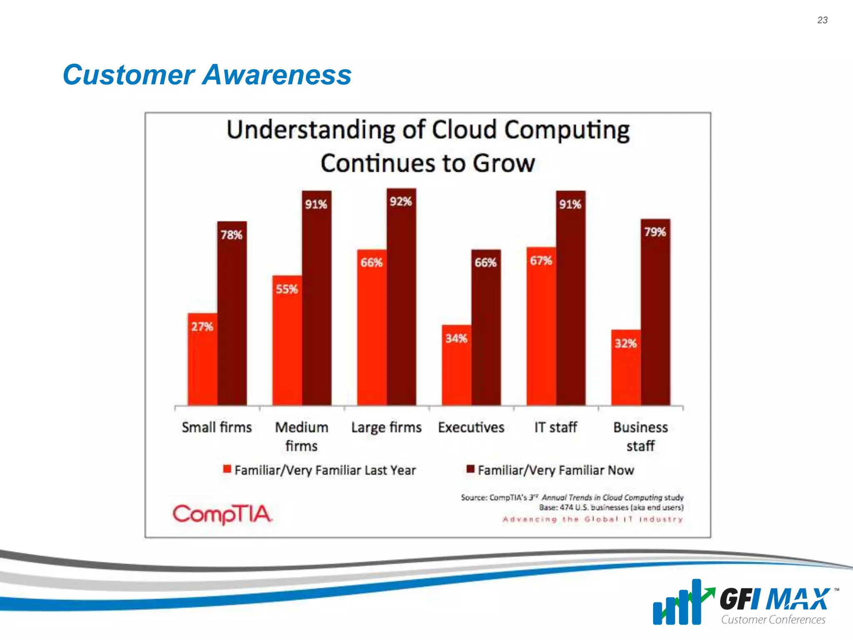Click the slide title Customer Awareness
pos(207,75)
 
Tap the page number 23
pos(822,20)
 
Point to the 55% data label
pos(287,289)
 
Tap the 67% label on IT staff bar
pos(541,261)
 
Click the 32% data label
pos(626,343)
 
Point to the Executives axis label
pos(471,427)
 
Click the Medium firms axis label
pos(302,436)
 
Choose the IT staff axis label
pos(556,427)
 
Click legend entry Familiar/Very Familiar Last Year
pos(320,470)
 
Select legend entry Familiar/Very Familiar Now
pos(551,470)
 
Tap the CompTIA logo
pos(222,514)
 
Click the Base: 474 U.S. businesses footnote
pos(611,507)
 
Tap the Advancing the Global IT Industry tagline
pos(593,519)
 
